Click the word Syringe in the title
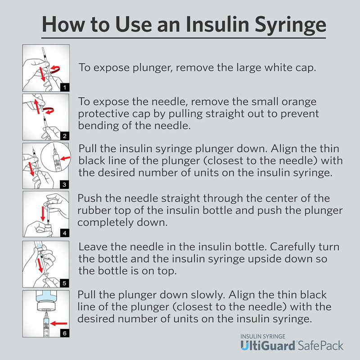coord(290,25)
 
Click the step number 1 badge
coord(65,87)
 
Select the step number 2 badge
coord(65,136)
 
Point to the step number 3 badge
coord(64,184)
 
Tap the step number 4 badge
coord(65,233)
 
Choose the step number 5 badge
coord(64,283)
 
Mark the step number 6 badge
coord(65,333)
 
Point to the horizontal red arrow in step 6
coord(59,324)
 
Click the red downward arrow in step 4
coord(43,214)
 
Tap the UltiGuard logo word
coord(268,345)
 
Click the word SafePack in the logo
coord(320,346)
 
